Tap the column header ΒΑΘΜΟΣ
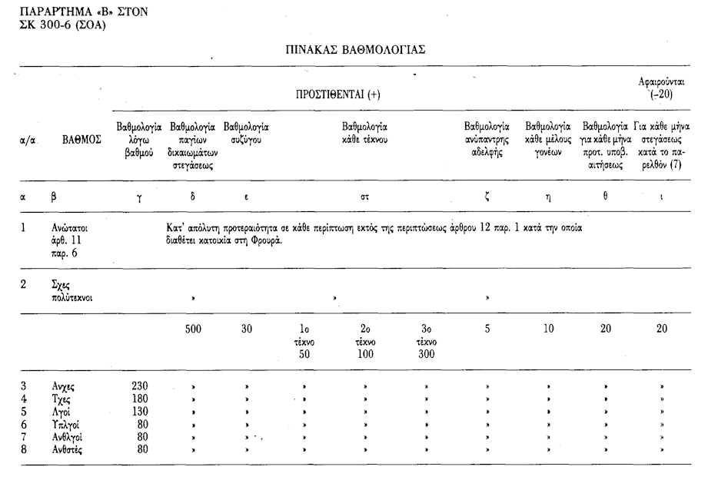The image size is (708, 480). tap(81, 141)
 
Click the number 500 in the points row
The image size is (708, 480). tap(194, 329)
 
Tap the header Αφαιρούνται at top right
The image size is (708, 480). tap(662, 81)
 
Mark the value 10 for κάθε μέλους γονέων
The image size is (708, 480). tap(547, 329)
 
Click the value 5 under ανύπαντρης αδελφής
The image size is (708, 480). tap(487, 329)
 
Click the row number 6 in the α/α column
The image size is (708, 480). tap(24, 424)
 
